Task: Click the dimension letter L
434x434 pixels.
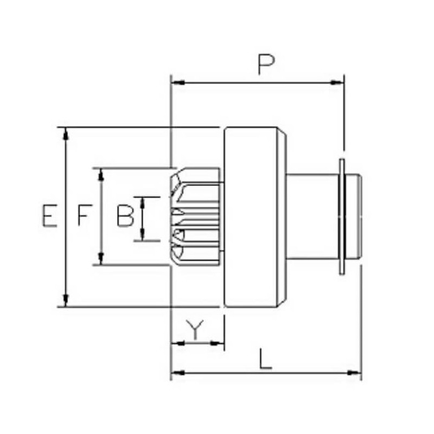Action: click(x=265, y=359)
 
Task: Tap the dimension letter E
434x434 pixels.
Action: click(x=49, y=215)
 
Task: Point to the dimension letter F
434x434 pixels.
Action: click(x=83, y=215)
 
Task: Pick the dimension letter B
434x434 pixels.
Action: click(x=126, y=216)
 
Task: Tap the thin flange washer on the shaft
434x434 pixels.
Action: click(x=342, y=217)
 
